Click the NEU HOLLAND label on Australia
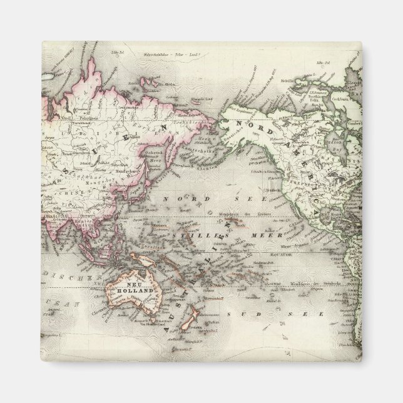pyautogui.click(x=130, y=288)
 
